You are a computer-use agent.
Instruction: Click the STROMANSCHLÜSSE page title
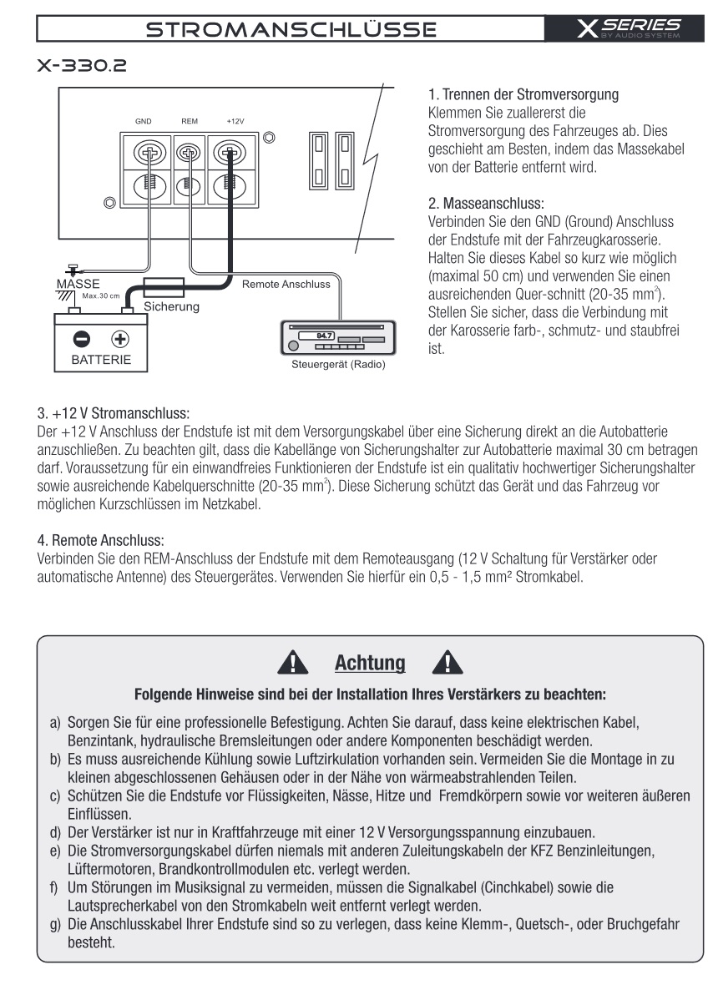point(291,28)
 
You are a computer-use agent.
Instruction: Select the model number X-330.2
point(82,65)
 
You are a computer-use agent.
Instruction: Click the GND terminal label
point(144,121)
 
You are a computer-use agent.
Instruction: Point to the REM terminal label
point(190,121)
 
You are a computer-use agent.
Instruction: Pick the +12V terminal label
point(235,121)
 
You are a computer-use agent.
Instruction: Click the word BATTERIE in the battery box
point(100,361)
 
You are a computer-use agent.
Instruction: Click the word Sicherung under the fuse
point(172,306)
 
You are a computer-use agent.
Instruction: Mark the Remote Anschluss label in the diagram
point(286,285)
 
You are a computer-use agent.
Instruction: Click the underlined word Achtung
point(370,663)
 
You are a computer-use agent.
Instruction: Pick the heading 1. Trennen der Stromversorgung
point(522,95)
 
